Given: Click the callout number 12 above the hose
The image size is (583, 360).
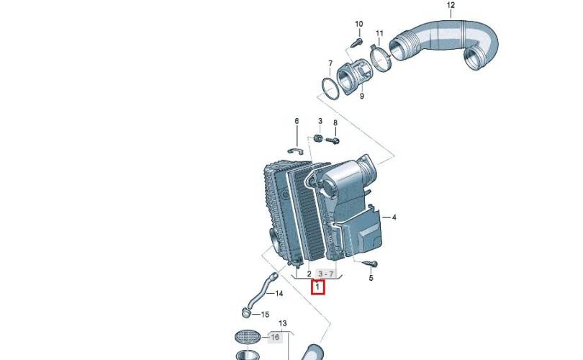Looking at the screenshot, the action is (x=451, y=5).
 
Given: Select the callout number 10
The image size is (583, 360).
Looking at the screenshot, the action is (x=359, y=24).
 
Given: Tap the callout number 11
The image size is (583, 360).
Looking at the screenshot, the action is (x=379, y=33).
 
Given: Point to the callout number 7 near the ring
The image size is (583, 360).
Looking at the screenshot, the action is (x=330, y=63).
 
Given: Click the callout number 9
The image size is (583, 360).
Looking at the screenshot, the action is (x=362, y=96).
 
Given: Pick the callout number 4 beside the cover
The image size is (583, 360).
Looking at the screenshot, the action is (x=394, y=217).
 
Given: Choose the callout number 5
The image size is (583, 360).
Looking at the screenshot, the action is (x=371, y=278).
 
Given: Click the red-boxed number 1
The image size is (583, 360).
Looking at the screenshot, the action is (x=318, y=287).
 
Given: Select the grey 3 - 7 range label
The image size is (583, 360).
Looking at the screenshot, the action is (x=326, y=274).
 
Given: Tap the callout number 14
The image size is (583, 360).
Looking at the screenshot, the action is (x=279, y=294).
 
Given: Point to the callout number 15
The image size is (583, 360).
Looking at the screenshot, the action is (x=265, y=315).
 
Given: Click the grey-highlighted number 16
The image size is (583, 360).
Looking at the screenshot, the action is (x=275, y=337).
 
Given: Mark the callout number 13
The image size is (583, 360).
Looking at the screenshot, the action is (x=283, y=323).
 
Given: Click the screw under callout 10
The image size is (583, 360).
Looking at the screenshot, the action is (x=357, y=42).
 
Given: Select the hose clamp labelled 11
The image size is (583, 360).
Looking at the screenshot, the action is (x=380, y=58).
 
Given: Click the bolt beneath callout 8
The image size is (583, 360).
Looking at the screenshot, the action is (x=333, y=140).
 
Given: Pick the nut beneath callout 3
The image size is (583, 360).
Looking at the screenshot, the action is (x=318, y=138).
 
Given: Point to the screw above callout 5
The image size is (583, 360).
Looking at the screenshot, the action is (x=370, y=264).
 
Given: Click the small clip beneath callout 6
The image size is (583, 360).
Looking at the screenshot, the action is (x=296, y=150).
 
